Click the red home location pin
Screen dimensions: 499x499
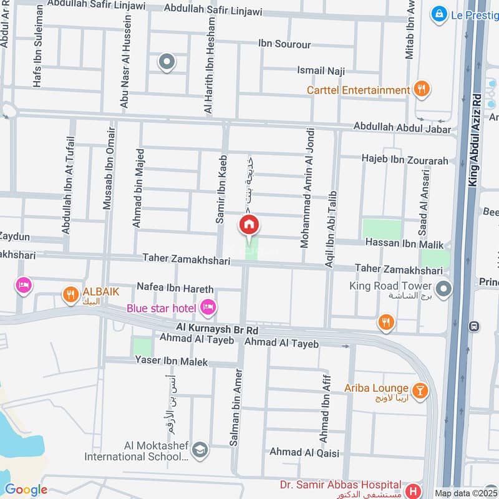[x=249, y=225]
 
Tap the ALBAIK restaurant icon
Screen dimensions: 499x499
[x=70, y=293]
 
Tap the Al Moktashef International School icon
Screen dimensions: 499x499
[x=200, y=450]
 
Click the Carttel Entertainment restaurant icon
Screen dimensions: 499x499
[x=422, y=90]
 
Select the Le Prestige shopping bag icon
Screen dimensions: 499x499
[x=440, y=12]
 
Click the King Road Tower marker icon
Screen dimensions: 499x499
[x=443, y=289]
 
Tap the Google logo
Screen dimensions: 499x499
[x=26, y=490]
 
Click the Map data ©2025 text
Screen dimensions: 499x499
[x=465, y=493]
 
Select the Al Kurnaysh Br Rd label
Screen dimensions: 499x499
[x=216, y=329]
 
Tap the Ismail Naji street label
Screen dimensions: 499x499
[x=321, y=72]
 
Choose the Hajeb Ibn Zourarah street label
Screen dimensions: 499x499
[x=405, y=160]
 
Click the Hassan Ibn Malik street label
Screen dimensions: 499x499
[x=404, y=244]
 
